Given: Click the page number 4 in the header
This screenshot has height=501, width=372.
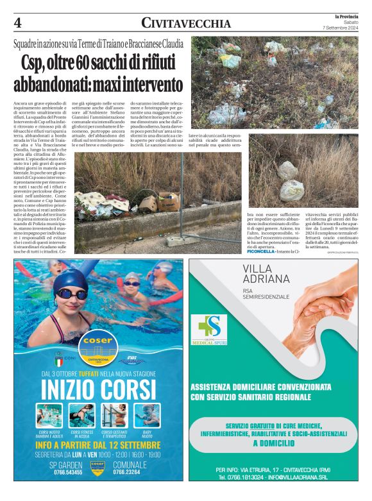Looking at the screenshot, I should [18, 23].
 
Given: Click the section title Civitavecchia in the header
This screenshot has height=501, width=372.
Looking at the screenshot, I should [186, 24].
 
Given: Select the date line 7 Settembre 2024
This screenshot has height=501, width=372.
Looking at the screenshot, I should [341, 28].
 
